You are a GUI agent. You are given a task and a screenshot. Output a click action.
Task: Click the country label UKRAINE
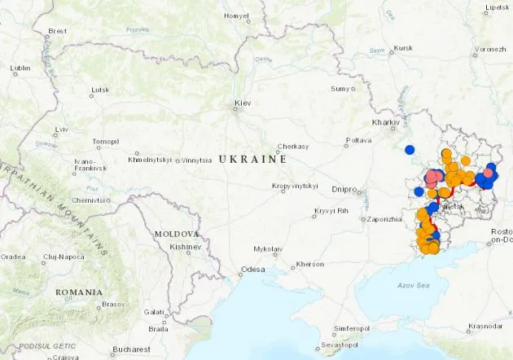click(252, 160)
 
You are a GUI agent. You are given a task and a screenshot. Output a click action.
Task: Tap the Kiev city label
click(243, 103)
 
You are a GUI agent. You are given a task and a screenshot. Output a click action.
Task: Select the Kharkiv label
click(385, 122)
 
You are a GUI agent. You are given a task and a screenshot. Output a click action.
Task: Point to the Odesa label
click(252, 270)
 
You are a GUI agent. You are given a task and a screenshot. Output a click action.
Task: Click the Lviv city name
click(62, 130)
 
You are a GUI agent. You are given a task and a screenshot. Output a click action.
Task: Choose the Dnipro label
click(344, 189)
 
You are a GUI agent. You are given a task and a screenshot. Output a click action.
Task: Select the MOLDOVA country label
click(177, 234)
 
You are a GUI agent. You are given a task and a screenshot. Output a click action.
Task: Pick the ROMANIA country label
click(79, 292)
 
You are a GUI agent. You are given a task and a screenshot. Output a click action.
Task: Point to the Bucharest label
click(131, 349)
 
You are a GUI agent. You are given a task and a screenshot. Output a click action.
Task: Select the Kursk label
click(403, 48)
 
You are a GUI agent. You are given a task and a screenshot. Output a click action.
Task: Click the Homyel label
click(237, 15)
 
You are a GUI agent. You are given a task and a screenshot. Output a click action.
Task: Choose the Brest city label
click(57, 31)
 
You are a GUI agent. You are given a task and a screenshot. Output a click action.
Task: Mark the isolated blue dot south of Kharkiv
click(410, 149)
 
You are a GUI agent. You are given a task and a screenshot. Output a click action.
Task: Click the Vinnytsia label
click(195, 160)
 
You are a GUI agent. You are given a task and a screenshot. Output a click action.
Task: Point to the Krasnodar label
click(485, 327)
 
